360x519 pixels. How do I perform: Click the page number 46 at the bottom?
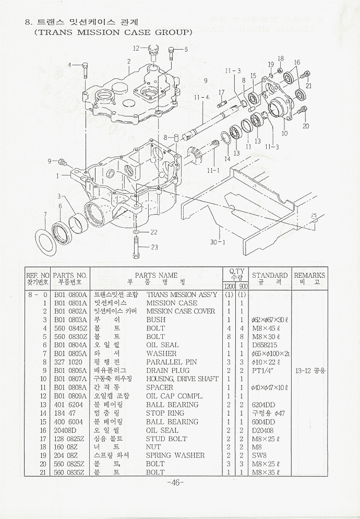point(175,482)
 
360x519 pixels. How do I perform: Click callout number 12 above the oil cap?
point(136,48)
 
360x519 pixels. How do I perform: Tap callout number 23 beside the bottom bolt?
point(154,247)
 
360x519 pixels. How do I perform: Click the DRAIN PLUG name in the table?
point(168,371)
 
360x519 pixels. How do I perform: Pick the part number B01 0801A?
point(70,303)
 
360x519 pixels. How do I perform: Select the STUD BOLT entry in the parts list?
point(166,439)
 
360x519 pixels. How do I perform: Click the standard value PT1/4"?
point(263,371)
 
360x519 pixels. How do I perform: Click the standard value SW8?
point(259,455)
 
